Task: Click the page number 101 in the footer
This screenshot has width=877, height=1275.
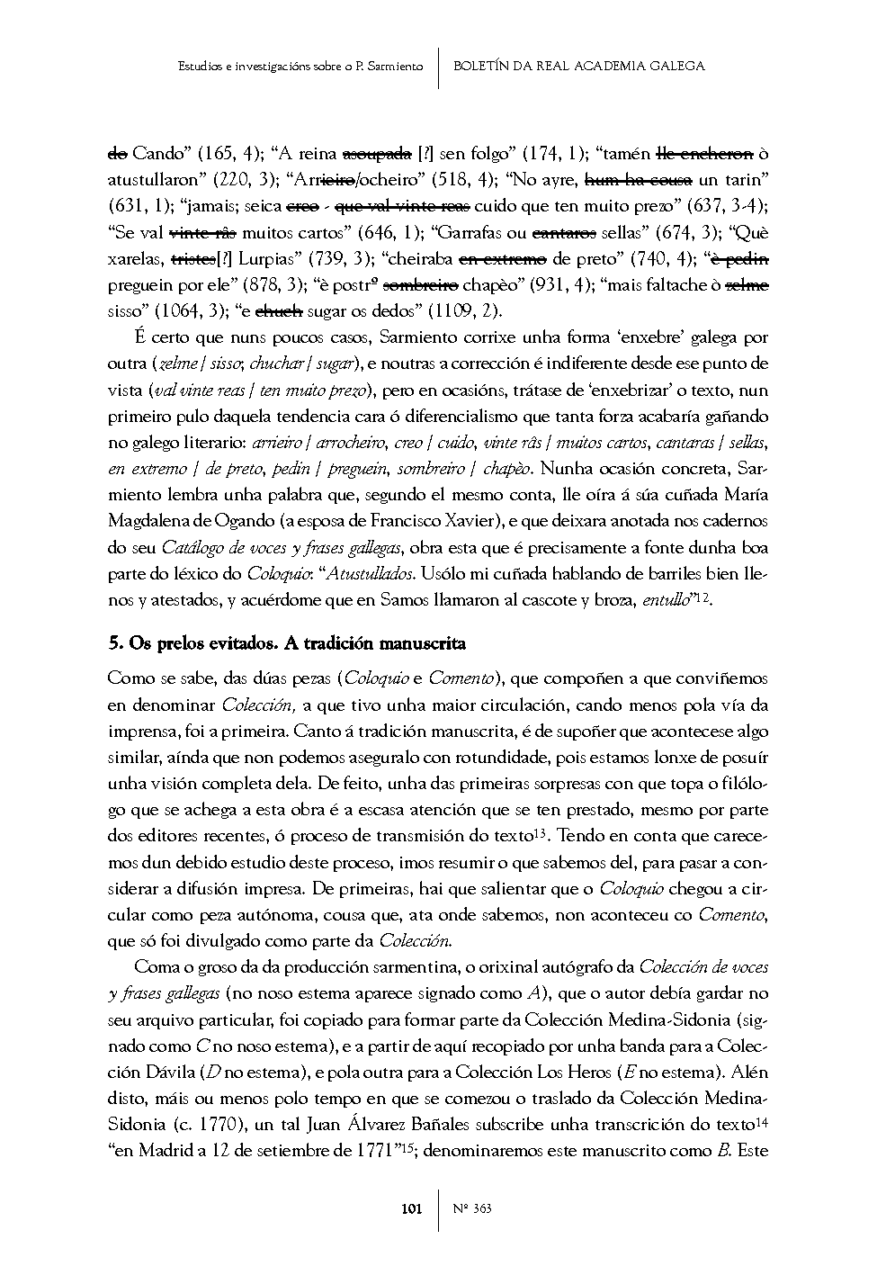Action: [x=411, y=1208]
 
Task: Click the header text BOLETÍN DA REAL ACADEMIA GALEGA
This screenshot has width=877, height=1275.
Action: [x=578, y=66]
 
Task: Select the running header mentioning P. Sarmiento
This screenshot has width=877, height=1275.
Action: [x=300, y=66]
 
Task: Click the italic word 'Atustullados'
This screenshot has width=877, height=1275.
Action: [x=369, y=573]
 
